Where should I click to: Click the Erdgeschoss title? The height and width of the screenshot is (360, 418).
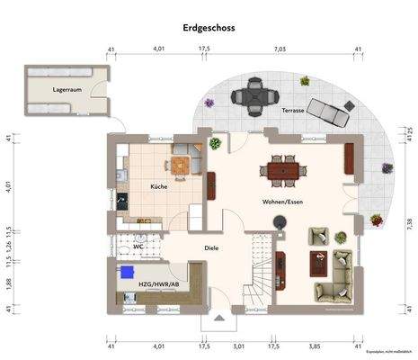point(208,28)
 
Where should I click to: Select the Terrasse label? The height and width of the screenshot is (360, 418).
point(293,110)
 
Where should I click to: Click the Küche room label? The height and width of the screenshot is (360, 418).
point(158,186)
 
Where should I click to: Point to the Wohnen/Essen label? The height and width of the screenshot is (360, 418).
point(282,202)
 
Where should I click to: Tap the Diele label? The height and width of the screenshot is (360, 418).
point(211,247)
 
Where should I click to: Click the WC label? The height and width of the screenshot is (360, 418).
point(138,246)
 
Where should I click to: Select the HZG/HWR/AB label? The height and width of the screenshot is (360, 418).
point(158,284)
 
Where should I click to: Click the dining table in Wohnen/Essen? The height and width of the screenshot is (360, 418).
point(283,168)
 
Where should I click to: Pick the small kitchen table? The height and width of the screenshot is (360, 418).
point(182,164)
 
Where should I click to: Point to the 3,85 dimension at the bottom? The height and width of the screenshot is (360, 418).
point(315,345)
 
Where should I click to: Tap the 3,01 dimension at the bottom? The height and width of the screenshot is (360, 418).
point(239,345)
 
